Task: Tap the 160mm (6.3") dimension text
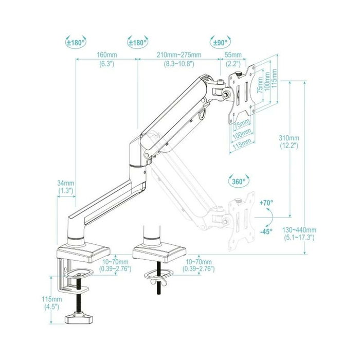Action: tap(107, 60)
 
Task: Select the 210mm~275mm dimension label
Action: tap(179, 60)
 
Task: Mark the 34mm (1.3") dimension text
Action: tap(66, 187)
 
